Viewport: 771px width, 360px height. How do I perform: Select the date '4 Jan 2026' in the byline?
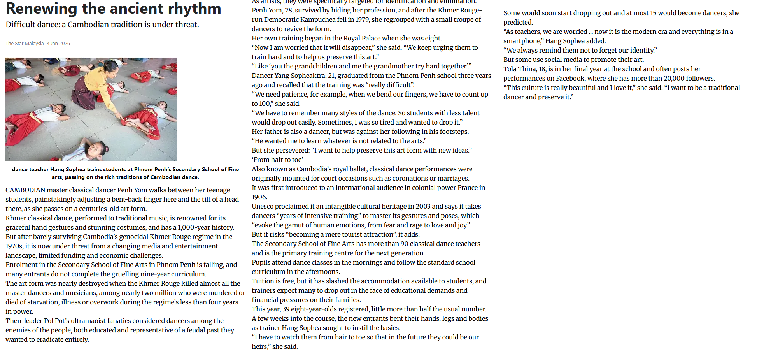[58, 44]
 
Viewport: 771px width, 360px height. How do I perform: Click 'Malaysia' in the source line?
[34, 44]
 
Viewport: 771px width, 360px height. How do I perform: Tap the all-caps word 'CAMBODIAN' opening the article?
[25, 190]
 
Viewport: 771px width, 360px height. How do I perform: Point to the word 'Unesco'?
[263, 206]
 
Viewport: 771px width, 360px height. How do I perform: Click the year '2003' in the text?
[423, 206]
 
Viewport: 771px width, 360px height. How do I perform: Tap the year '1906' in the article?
[259, 197]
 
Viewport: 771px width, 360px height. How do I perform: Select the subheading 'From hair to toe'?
[277, 160]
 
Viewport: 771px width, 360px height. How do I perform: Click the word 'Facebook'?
[570, 78]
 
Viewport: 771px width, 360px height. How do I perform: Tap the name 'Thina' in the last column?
[527, 69]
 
